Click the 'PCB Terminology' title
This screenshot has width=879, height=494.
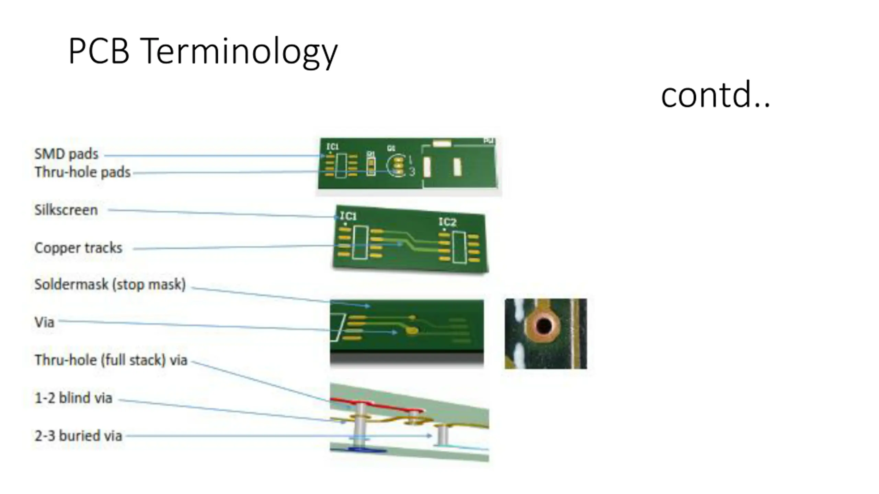point(203,51)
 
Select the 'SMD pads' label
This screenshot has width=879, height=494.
point(66,154)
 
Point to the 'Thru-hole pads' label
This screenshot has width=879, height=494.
point(83,172)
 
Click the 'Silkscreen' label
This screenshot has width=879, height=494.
point(66,210)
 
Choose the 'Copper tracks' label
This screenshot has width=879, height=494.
point(78,248)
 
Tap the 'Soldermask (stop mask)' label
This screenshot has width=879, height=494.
point(110,284)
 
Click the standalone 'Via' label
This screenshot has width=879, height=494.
point(44,322)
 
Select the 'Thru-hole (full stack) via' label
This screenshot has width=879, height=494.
point(111,360)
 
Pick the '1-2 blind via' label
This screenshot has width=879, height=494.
point(73,398)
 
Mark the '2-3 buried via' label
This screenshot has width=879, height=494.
point(78,436)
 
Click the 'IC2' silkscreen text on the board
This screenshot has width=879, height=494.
point(447,222)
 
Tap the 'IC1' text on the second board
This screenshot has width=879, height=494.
point(348,216)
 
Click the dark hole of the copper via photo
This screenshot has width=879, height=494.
point(544,325)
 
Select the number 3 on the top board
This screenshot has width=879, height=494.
point(412,171)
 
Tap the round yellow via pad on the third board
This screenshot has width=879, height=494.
point(412,331)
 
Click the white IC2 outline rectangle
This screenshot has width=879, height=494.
point(459,247)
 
